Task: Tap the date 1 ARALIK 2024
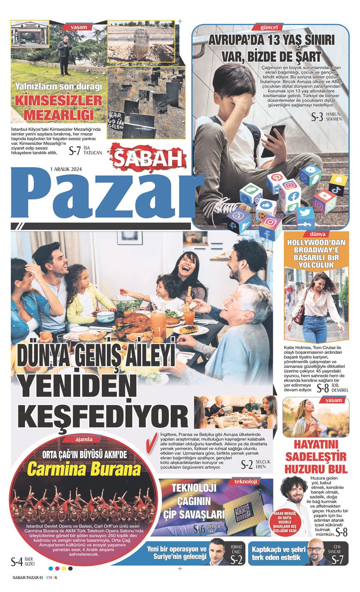[66, 169]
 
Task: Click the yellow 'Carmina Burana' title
[84, 470]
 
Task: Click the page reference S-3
[317, 118]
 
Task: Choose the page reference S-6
[199, 530]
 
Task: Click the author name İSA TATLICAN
[92, 150]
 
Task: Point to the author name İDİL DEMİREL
[340, 387]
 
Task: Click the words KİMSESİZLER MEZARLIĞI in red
[58, 108]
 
